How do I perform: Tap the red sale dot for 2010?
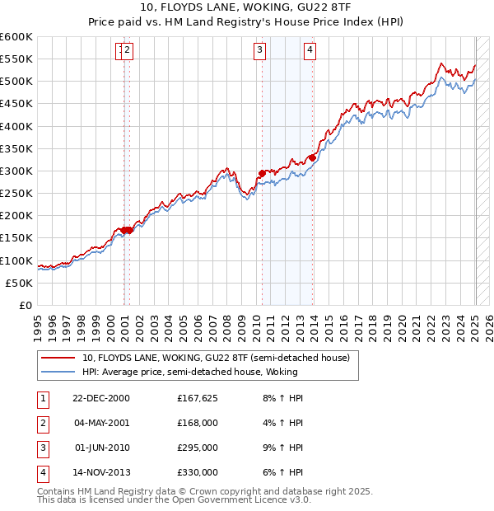coord(262,173)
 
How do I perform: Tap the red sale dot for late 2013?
coord(313,157)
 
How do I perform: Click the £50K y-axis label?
coord(21,283)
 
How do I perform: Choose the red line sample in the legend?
coord(59,358)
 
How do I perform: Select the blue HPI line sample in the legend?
coord(59,373)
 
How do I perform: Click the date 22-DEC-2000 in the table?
coord(101,398)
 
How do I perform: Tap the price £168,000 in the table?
coord(198,424)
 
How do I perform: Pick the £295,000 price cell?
coord(198,448)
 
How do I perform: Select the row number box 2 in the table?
coord(42,424)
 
